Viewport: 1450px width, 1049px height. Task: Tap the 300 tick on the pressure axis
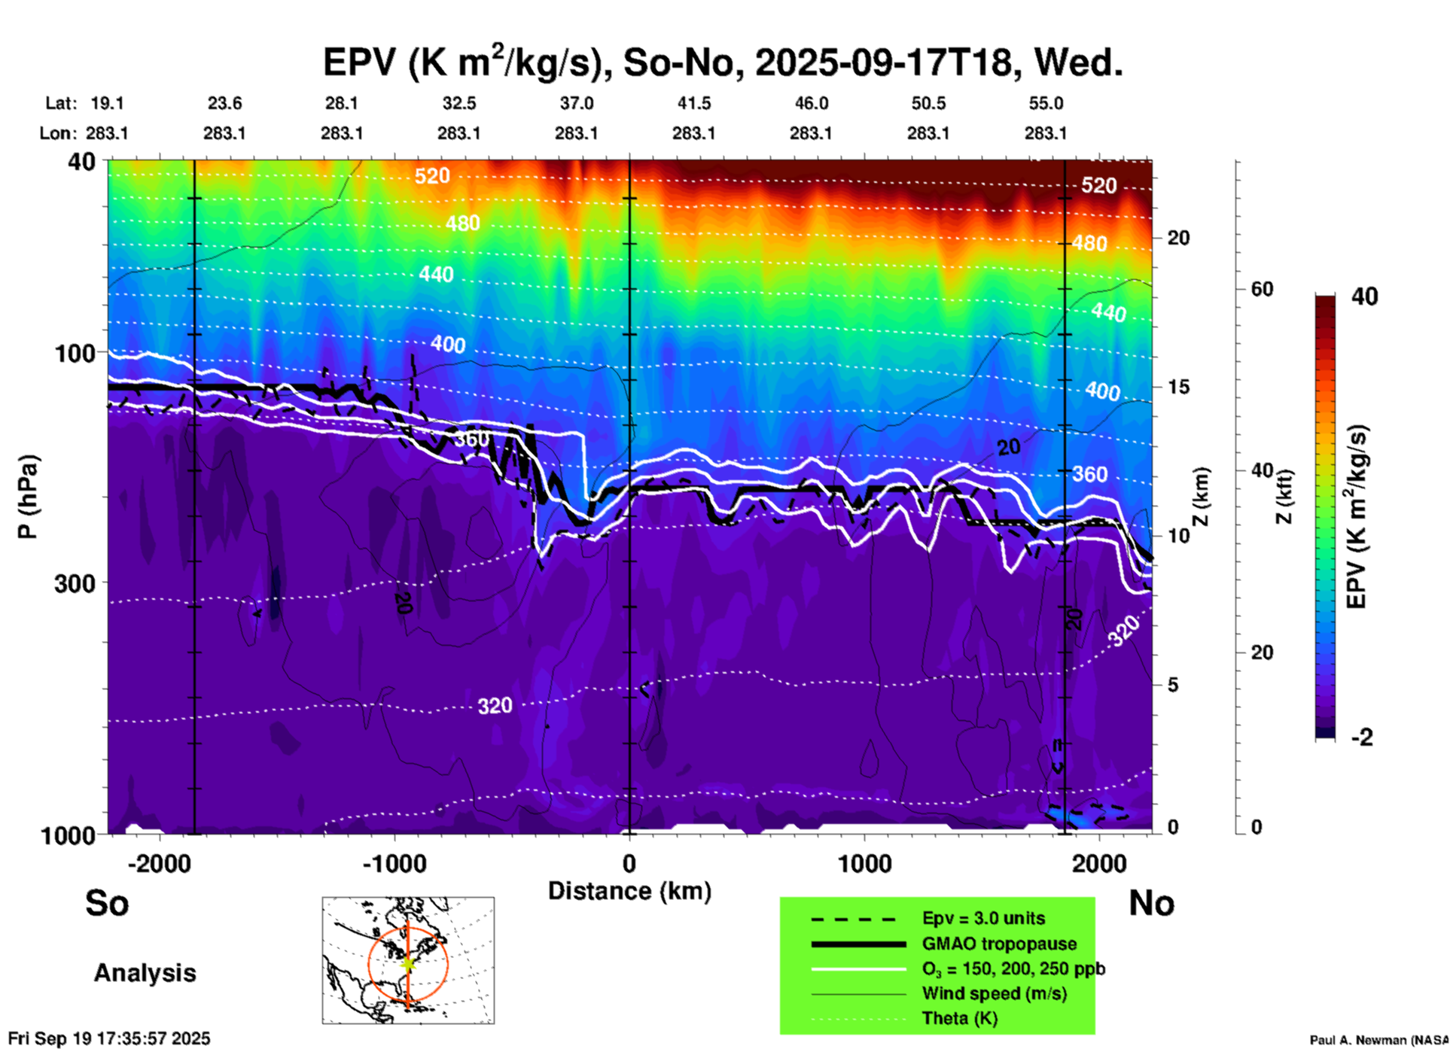(x=74, y=583)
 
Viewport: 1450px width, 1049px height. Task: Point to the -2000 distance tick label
(x=159, y=864)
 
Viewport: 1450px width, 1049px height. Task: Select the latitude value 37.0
(x=576, y=103)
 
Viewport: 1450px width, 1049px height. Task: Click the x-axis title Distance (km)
(x=629, y=891)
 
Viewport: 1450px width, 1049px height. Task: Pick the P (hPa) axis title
(x=28, y=497)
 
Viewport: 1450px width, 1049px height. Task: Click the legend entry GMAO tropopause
(x=999, y=944)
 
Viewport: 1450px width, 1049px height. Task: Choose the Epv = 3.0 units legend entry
(x=983, y=919)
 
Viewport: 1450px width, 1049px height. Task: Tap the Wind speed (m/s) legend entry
(x=994, y=993)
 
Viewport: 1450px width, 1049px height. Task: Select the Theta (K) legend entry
(x=959, y=1018)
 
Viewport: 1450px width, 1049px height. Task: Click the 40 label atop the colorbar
(x=1364, y=296)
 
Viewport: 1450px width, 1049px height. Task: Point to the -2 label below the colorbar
(x=1361, y=737)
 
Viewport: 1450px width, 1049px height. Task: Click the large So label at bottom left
(x=107, y=903)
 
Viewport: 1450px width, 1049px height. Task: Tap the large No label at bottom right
(x=1151, y=903)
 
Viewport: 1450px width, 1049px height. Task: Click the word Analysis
(x=145, y=973)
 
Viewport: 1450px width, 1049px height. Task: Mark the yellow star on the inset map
(x=408, y=962)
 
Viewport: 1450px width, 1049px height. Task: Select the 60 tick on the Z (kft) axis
(x=1262, y=289)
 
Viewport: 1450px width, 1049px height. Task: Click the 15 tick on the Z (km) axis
(x=1178, y=387)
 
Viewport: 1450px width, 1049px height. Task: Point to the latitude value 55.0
(x=1046, y=103)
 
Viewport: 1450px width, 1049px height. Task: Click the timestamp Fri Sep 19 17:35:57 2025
(x=109, y=1039)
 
